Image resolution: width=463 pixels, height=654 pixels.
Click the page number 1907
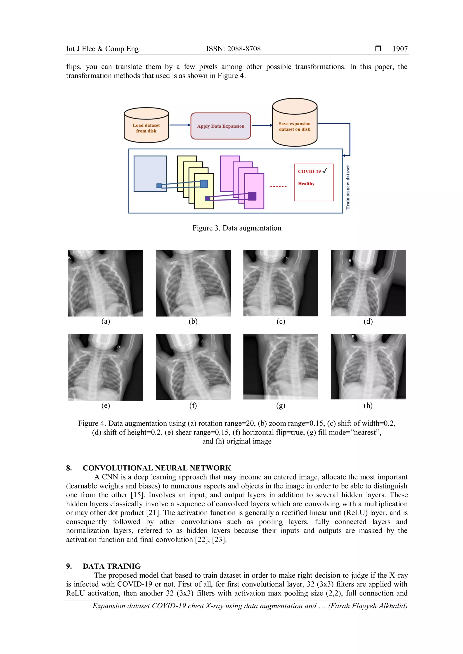tap(400, 49)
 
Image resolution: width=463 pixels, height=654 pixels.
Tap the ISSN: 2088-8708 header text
tap(233, 49)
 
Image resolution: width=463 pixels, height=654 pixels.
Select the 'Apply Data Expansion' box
tap(221, 126)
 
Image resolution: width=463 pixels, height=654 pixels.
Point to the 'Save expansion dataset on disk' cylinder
tap(295, 126)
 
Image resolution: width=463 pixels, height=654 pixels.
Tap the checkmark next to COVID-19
tap(325, 171)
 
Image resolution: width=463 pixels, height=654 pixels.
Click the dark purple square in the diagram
tap(252, 196)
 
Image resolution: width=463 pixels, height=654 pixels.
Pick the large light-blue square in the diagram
tap(150, 173)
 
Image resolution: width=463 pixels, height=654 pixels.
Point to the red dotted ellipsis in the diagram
tap(278, 186)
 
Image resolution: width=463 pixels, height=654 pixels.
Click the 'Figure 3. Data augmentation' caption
tap(237, 228)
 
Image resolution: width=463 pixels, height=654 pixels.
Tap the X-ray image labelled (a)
tap(106, 283)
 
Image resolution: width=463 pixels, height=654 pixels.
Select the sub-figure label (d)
tap(368, 321)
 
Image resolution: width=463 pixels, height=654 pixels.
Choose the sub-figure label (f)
tap(193, 405)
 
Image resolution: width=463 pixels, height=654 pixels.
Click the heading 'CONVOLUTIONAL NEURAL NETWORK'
tap(157, 468)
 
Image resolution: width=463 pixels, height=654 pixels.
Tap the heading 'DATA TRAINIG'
tap(112, 566)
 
